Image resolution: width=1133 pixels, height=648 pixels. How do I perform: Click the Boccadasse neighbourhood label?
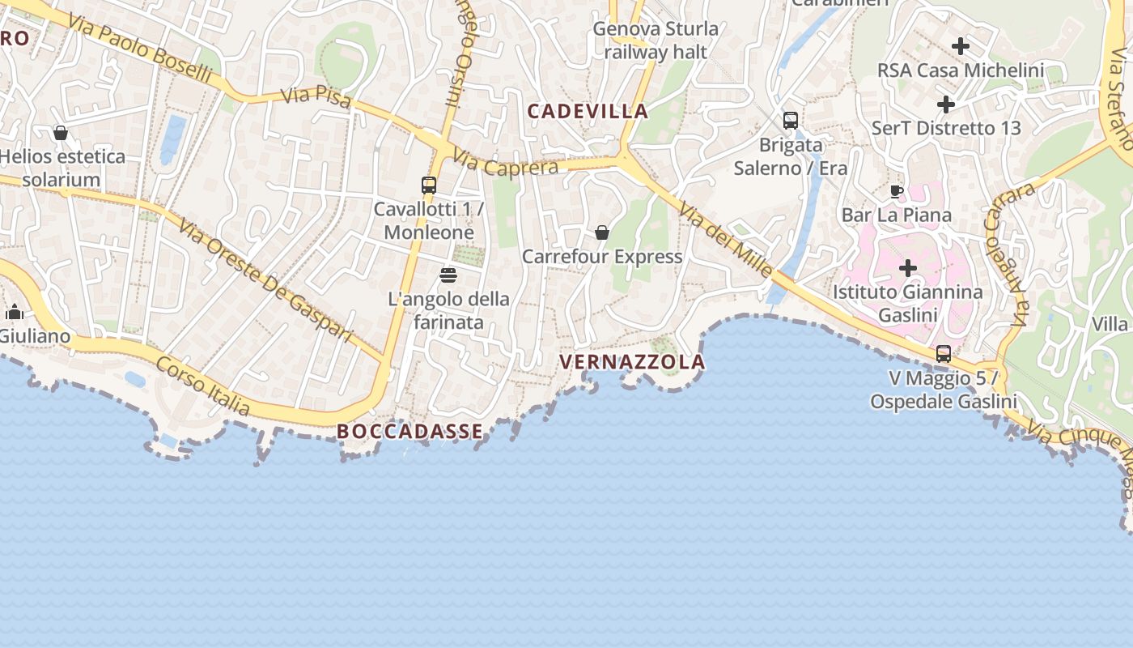coord(409,432)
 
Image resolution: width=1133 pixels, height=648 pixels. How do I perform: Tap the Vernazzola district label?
coord(632,362)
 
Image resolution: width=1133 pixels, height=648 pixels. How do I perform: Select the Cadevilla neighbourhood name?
coord(588,112)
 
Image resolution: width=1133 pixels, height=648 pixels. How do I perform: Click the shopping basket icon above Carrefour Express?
coord(602,232)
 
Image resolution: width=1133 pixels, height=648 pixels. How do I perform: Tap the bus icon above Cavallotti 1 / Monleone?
coord(429,185)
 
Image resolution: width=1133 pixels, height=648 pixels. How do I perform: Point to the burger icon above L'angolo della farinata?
coord(448,275)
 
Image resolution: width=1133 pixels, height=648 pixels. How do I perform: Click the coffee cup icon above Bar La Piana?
coord(897,191)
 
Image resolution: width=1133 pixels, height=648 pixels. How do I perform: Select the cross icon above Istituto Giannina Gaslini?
coord(908,267)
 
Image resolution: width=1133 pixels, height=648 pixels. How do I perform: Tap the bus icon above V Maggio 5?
coord(944,354)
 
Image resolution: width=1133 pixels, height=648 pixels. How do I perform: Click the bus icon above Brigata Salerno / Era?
coord(791,121)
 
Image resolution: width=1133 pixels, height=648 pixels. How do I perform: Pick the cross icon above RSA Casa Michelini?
coord(961,46)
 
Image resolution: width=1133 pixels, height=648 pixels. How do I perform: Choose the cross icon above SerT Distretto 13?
coord(945,104)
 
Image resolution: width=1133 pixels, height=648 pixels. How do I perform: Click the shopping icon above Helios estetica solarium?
coord(61,133)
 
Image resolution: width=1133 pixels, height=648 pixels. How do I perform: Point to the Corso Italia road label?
coord(203,386)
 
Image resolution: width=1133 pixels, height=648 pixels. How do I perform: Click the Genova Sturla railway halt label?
coord(656,40)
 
